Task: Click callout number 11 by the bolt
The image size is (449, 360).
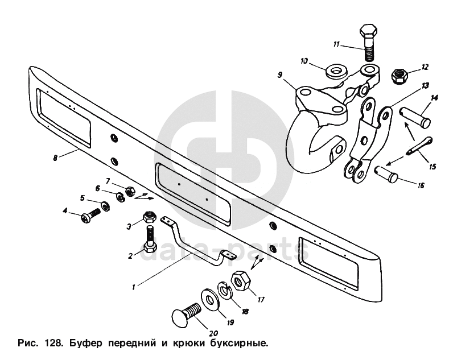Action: point(336,44)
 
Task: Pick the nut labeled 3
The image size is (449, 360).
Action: point(148,216)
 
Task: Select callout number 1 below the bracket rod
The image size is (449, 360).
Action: point(133,287)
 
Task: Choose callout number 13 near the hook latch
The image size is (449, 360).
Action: point(425,85)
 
